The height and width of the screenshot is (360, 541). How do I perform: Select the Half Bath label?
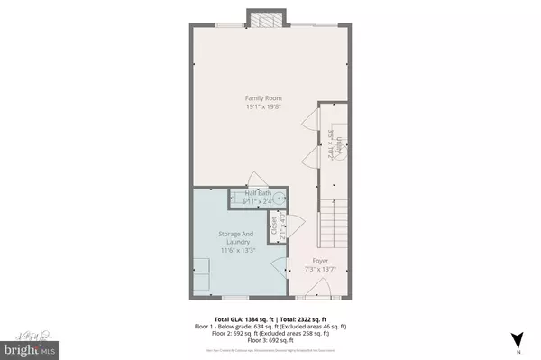[x=260, y=193]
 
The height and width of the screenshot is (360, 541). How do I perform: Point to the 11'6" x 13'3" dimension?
[x=238, y=250]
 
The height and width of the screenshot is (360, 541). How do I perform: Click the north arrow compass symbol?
[x=516, y=339]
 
